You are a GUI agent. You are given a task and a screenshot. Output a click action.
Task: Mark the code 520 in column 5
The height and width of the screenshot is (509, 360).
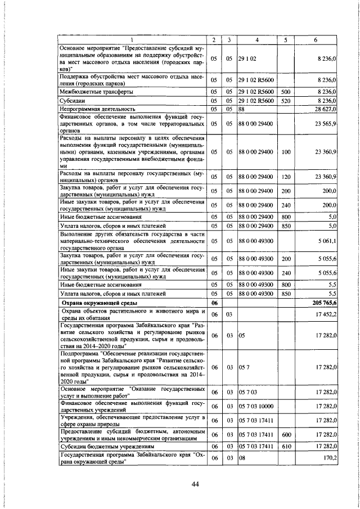coord(285,100)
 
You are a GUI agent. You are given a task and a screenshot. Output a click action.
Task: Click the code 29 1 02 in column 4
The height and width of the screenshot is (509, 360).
coord(247,58)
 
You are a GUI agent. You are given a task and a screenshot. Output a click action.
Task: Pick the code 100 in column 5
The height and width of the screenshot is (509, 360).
coord(285,151)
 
